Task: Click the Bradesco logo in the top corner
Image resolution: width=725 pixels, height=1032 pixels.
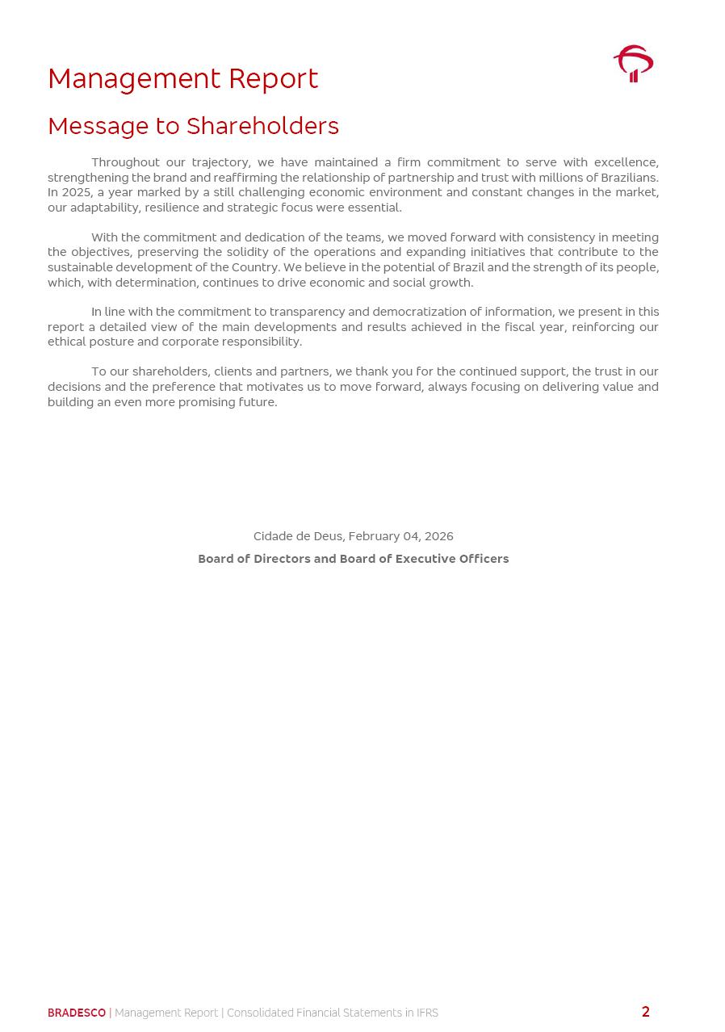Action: [x=633, y=64]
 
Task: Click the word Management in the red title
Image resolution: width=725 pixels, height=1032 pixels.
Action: [x=134, y=79]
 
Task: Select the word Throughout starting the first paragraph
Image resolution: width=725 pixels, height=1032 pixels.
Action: [x=125, y=162]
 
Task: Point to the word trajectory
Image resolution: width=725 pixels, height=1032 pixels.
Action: [x=220, y=162]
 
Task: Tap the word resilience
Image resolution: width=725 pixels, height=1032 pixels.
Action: [x=171, y=208]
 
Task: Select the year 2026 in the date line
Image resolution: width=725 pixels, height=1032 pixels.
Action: [x=438, y=536]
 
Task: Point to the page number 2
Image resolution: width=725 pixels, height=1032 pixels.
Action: [x=645, y=1012]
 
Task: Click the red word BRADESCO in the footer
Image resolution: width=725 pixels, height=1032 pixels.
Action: [x=77, y=1013]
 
